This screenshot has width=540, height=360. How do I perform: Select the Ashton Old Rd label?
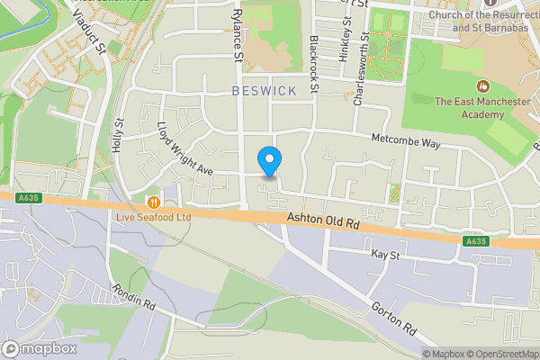[x=323, y=220]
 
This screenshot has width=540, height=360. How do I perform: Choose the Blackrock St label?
[x=315, y=64]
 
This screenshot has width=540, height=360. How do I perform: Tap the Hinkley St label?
[x=344, y=43]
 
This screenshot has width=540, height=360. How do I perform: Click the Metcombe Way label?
[x=408, y=142]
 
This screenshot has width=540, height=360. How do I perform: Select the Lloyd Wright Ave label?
[x=184, y=148]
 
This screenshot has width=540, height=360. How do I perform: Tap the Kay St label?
[x=384, y=256]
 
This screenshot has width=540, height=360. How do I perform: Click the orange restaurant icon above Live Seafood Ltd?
[x=154, y=202]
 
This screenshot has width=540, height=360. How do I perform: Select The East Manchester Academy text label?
[x=470, y=108]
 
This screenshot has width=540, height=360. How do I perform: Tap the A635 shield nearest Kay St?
[x=476, y=241]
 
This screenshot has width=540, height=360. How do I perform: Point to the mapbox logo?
[x=39, y=348]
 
